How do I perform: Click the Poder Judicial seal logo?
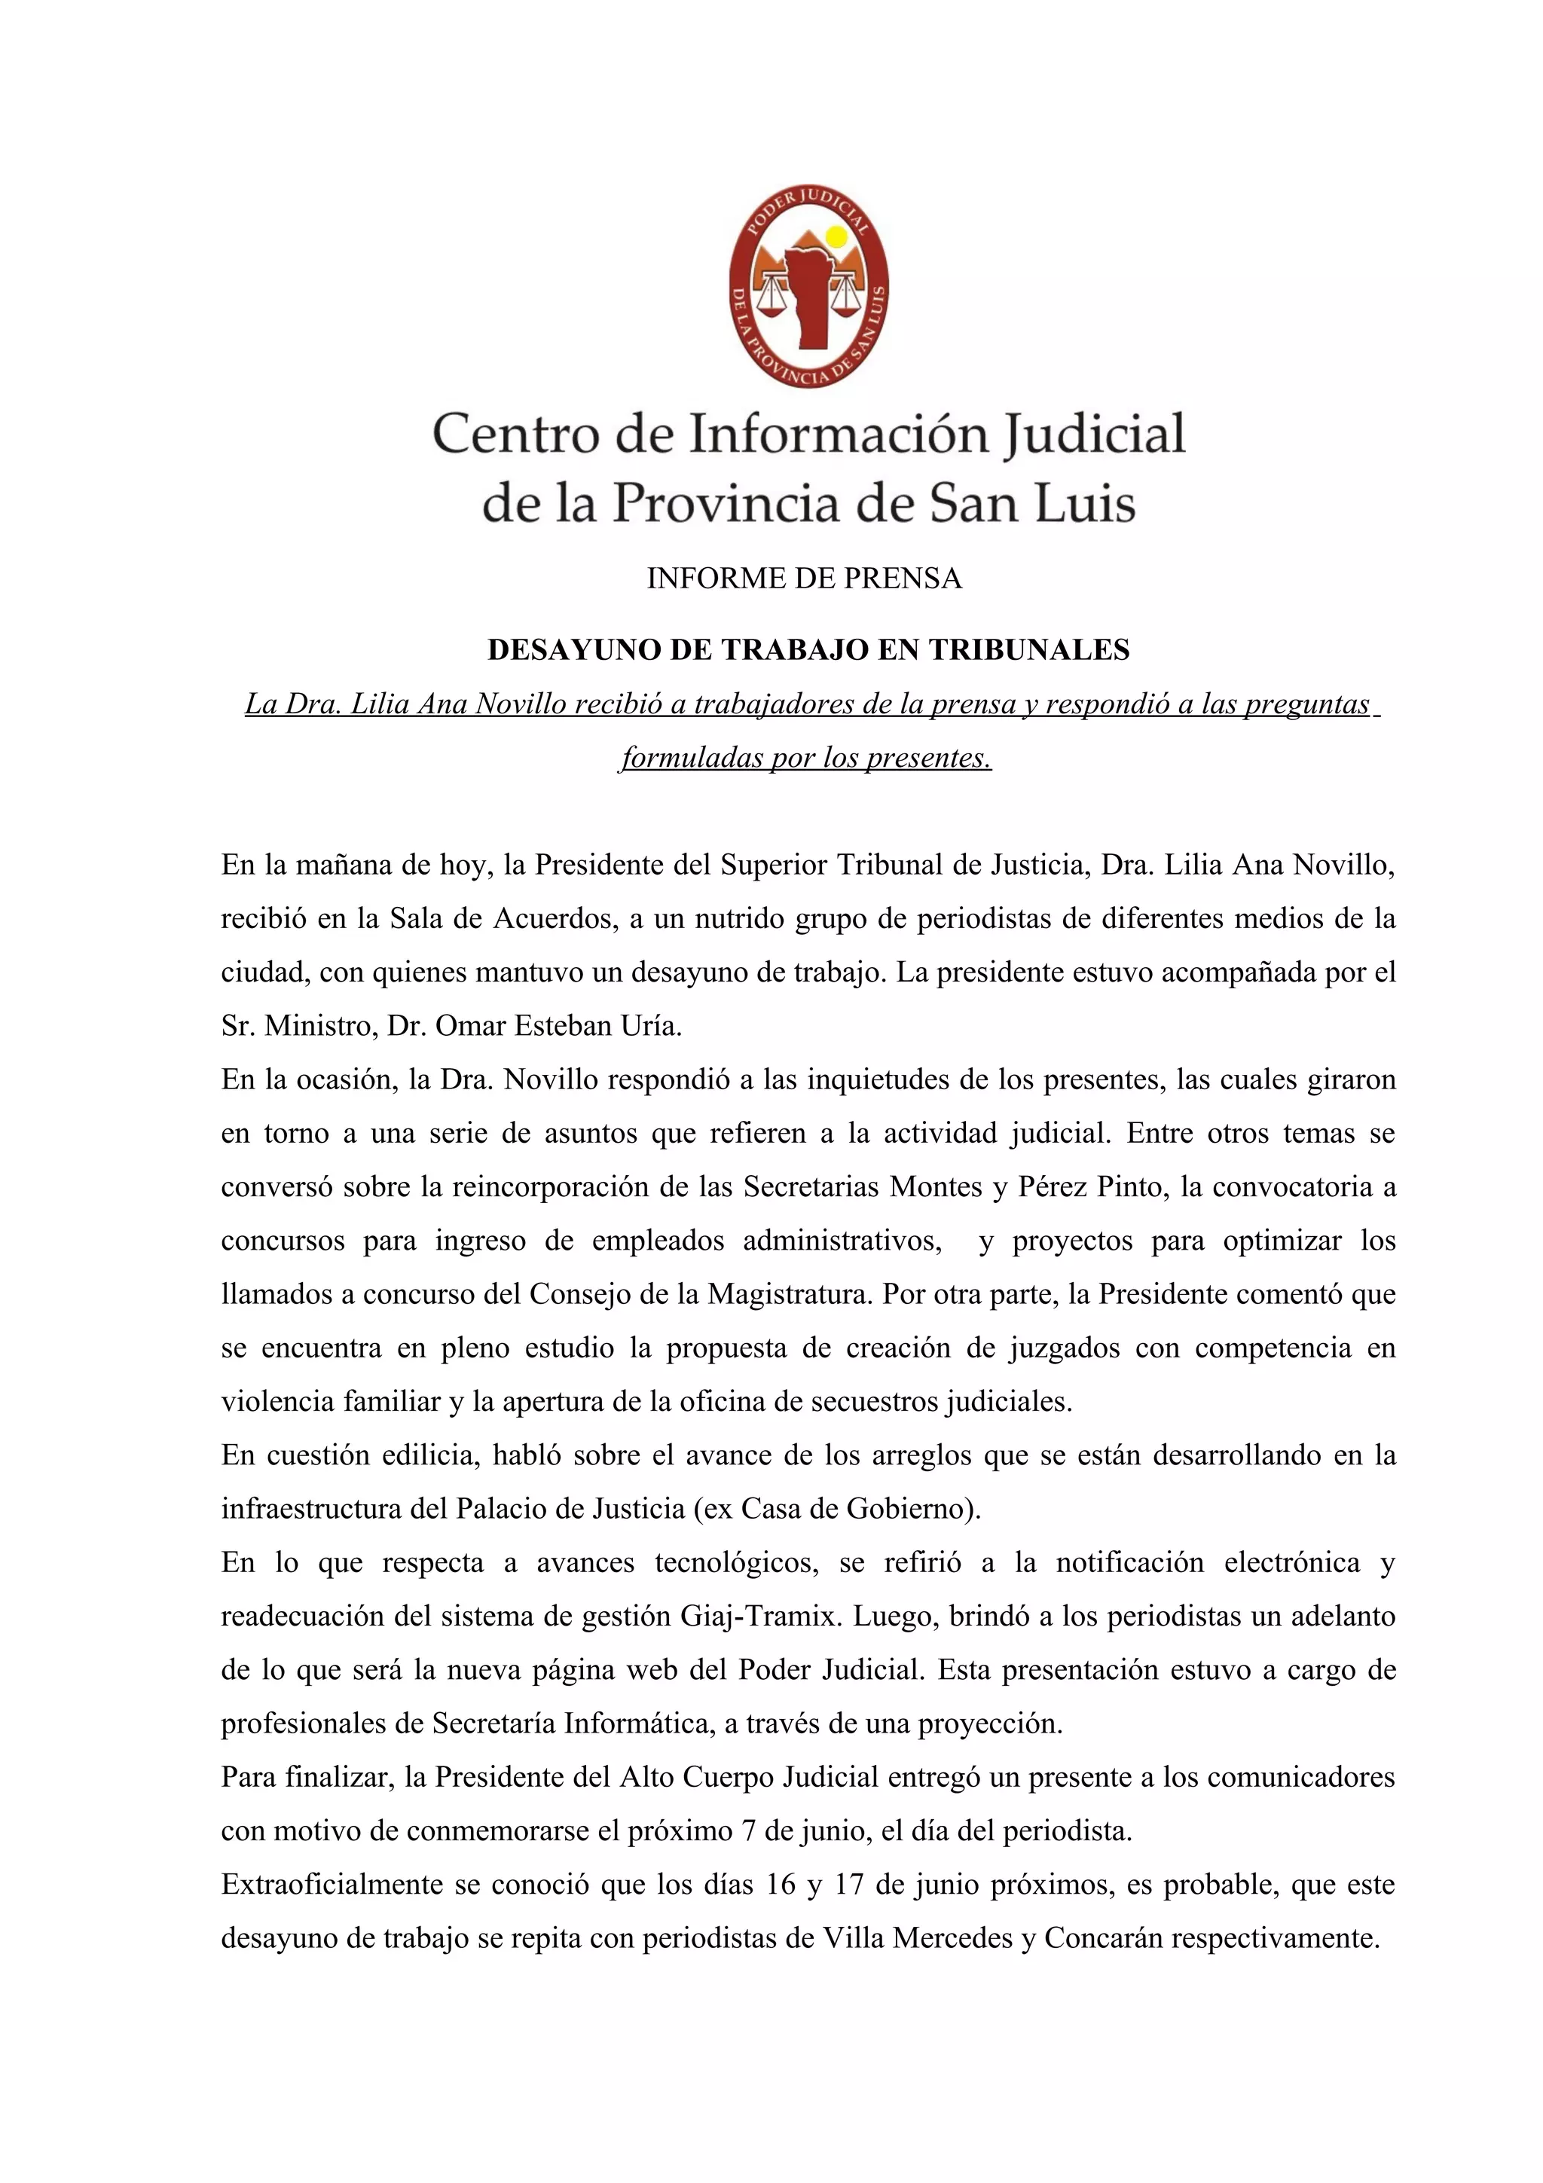coord(808,283)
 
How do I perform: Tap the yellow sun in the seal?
coord(836,236)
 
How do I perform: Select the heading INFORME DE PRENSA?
coord(805,578)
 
